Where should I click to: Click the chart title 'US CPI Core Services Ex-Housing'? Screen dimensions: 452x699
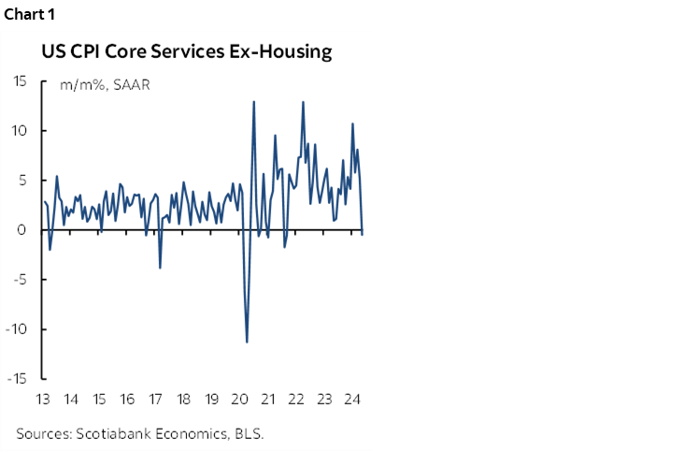pyautogui.click(x=186, y=51)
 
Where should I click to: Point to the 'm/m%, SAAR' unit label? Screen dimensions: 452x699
pyautogui.click(x=105, y=85)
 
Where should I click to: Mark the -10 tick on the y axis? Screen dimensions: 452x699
pyautogui.click(x=16, y=329)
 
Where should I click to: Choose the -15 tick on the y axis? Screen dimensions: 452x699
pyautogui.click(x=16, y=379)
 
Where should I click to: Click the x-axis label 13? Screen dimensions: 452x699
pyautogui.click(x=42, y=400)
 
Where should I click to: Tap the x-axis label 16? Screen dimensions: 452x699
pyautogui.click(x=127, y=400)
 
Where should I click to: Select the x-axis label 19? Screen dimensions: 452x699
pyautogui.click(x=212, y=400)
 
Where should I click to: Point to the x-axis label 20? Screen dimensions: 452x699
pyautogui.click(x=240, y=400)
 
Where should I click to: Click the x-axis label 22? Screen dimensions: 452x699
pyautogui.click(x=296, y=400)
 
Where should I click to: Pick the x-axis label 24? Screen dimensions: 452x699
pyautogui.click(x=352, y=400)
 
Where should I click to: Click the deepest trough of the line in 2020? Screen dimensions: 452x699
pyautogui.click(x=247, y=342)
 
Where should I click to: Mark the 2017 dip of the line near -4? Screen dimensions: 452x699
pyautogui.click(x=160, y=268)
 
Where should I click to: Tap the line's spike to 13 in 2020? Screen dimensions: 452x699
pyautogui.click(x=254, y=101)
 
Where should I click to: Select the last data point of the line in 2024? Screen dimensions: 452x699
pyautogui.click(x=363, y=234)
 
